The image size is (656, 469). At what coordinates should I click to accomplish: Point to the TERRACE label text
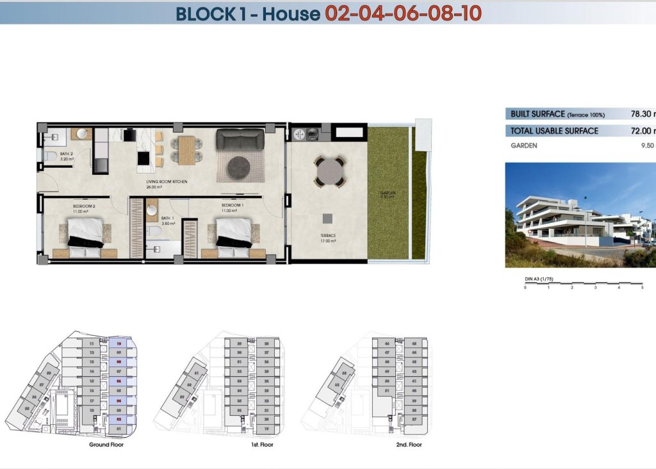328,236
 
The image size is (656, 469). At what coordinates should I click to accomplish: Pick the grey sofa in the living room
240,140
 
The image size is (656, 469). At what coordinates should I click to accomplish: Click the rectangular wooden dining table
186,150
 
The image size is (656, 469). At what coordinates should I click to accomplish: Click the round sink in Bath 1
152,210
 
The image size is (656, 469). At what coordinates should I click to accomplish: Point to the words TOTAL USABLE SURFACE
554,131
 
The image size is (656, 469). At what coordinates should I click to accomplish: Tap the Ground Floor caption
106,445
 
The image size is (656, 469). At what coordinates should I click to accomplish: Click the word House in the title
291,13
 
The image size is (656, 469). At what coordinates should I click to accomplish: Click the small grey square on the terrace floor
327,217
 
